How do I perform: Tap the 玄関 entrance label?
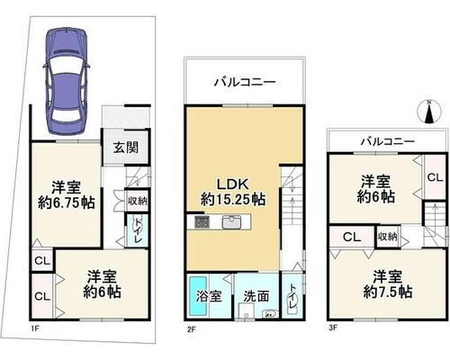(x=126, y=148)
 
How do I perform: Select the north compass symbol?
(x=429, y=112)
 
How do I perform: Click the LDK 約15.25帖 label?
(x=233, y=192)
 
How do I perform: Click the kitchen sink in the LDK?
(x=232, y=222)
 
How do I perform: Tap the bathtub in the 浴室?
(x=198, y=295)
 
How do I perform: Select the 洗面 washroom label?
(x=256, y=296)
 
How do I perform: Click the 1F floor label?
(x=34, y=328)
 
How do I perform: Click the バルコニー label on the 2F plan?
(x=245, y=82)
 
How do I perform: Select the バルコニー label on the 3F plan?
(x=388, y=141)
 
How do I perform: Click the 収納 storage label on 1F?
(x=138, y=201)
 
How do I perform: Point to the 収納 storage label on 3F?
(x=387, y=237)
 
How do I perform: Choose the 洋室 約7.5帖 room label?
(x=388, y=284)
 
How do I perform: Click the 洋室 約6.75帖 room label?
(x=67, y=195)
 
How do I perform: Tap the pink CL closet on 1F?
(x=42, y=296)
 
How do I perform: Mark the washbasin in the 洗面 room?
(x=270, y=314)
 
